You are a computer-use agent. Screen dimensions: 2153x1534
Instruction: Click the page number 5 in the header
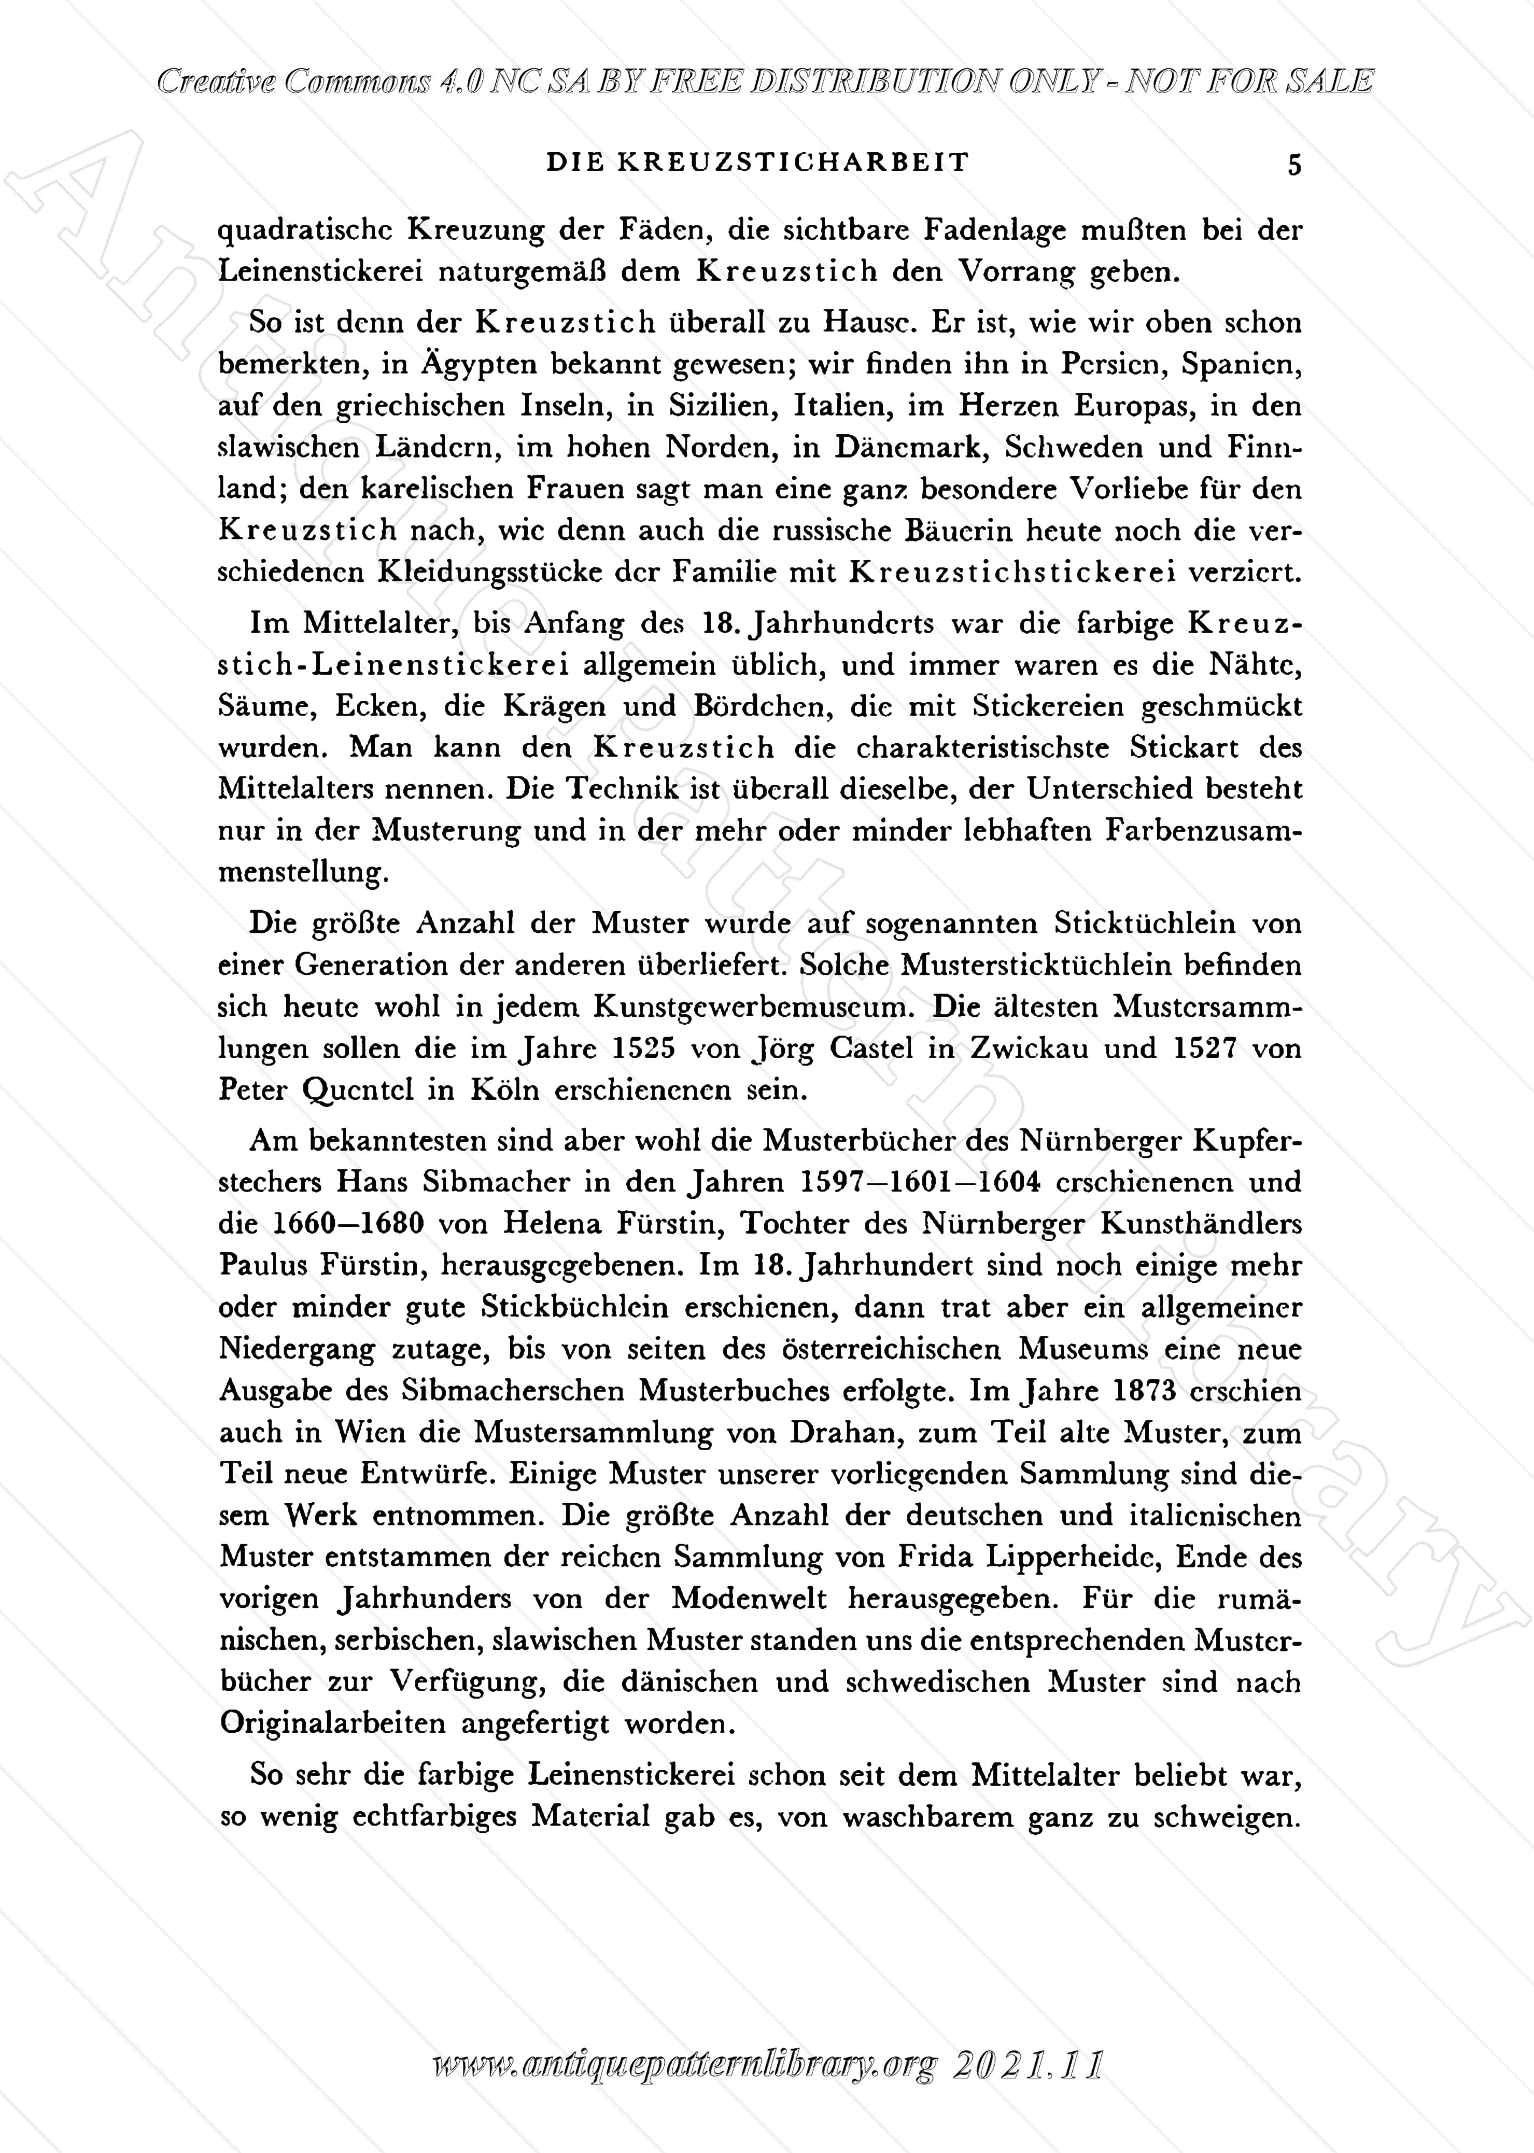pos(1294,165)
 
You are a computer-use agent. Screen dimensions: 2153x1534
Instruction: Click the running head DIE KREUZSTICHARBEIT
pos(757,163)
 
